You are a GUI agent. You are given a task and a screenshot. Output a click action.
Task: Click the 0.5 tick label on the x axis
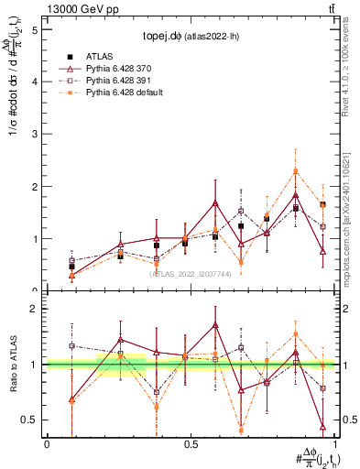click(191, 444)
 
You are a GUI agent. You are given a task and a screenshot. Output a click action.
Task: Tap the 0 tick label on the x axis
click(47, 444)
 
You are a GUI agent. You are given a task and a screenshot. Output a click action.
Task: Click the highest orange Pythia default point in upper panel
click(296, 171)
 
